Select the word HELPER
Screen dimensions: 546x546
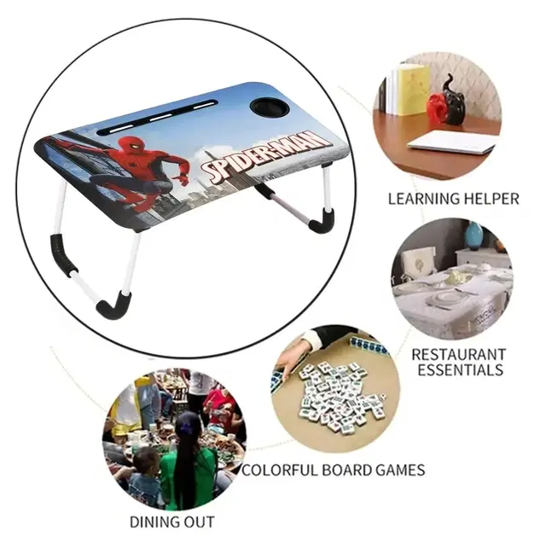point(491,199)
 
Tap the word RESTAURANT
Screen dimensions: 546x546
point(459,355)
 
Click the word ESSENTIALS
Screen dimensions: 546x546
point(461,369)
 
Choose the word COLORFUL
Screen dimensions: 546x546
point(280,470)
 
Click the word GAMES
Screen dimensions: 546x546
point(400,470)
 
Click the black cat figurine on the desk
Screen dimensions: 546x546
point(454,100)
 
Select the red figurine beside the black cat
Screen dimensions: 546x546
point(438,108)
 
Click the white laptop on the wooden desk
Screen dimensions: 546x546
point(451,142)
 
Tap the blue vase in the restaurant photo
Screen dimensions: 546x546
point(474,235)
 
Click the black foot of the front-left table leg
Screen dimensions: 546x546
point(113,306)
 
